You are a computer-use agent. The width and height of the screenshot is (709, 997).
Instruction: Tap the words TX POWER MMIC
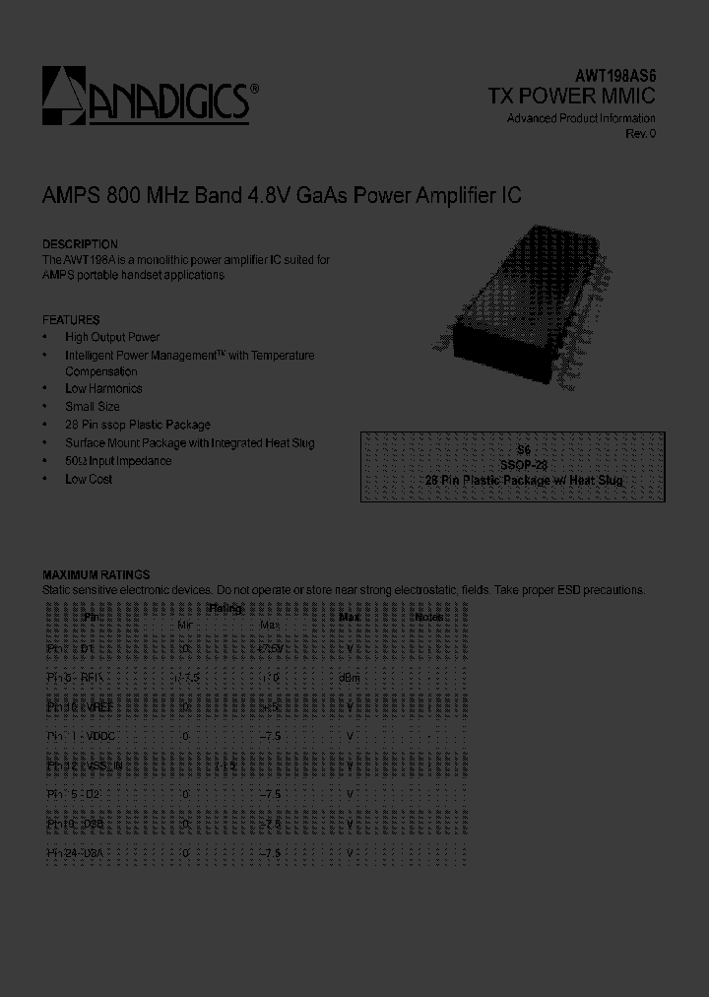tap(572, 96)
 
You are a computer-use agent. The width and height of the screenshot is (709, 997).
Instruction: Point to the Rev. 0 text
tap(640, 133)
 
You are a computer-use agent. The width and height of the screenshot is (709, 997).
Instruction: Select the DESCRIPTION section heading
tap(80, 243)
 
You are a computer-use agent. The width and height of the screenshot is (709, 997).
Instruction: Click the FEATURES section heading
tap(71, 320)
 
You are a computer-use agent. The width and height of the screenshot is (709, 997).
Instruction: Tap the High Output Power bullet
tap(111, 337)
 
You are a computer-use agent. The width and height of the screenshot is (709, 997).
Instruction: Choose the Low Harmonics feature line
tap(103, 389)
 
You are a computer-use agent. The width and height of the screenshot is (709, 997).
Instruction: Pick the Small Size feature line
tap(93, 407)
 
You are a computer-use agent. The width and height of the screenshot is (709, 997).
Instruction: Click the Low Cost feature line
tap(89, 479)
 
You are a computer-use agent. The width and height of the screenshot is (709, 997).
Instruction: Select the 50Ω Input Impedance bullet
tap(118, 461)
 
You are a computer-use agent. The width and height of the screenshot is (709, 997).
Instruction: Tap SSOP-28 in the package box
tap(524, 463)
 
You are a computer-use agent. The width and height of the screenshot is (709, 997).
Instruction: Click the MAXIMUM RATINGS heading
tap(96, 574)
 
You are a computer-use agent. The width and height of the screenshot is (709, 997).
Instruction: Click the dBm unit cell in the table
tap(350, 678)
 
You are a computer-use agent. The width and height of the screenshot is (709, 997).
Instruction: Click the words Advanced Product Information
tap(581, 118)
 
